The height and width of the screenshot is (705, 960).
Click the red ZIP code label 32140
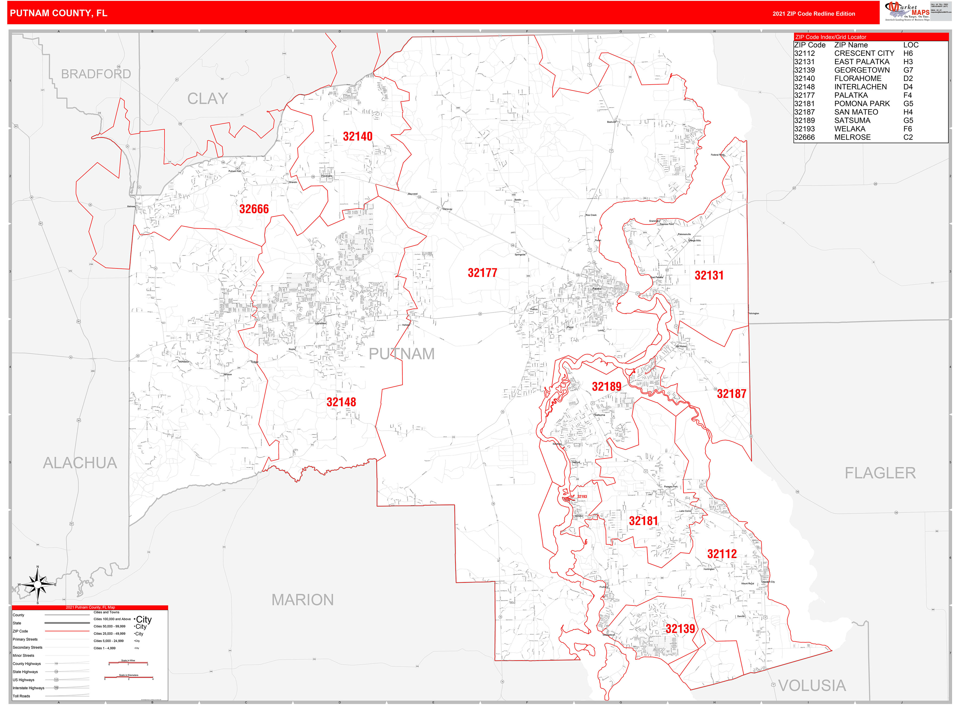tap(358, 137)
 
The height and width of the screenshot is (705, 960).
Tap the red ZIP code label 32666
tap(254, 209)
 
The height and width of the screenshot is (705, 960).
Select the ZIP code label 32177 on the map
tap(482, 273)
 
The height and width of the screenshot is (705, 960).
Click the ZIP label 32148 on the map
tap(341, 402)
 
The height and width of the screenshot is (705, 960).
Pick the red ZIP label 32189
tap(606, 387)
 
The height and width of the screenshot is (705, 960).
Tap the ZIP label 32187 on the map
tap(731, 394)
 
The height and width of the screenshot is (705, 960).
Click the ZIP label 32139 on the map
tap(680, 629)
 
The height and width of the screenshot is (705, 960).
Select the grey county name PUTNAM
tap(402, 354)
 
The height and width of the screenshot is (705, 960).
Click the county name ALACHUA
tap(80, 463)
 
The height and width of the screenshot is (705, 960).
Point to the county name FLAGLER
tap(880, 473)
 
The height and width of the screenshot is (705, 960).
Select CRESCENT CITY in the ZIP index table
tap(864, 53)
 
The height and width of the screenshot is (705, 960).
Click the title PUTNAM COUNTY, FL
tap(59, 13)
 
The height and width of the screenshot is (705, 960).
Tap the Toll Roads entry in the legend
tap(21, 696)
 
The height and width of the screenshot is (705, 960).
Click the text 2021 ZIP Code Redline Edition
tap(813, 14)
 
